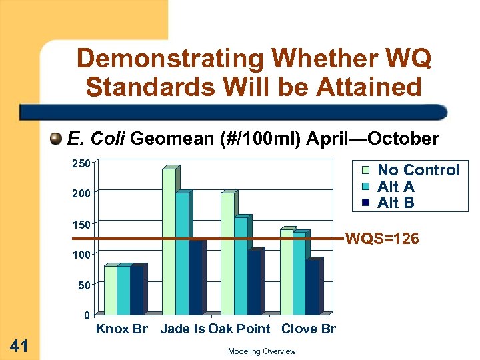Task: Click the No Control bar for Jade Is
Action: pos(169,241)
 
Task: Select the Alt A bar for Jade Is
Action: pos(182,253)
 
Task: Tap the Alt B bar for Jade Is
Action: pos(195,277)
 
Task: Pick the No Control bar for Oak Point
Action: pos(227,253)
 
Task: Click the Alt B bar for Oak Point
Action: pos(254,282)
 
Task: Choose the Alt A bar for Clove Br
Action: pos(299,273)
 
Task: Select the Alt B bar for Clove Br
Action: pos(313,287)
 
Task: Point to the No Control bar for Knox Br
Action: pos(110,290)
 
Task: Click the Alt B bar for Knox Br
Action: pos(137,290)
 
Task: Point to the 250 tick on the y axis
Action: pos(81,163)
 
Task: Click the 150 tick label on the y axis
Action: pos(81,224)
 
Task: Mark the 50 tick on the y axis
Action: pos(83,285)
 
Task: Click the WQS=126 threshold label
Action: pos(382,238)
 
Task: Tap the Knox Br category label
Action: pos(122,329)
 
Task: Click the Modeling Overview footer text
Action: pos(261,351)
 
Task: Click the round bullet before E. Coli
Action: pos(57,139)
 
